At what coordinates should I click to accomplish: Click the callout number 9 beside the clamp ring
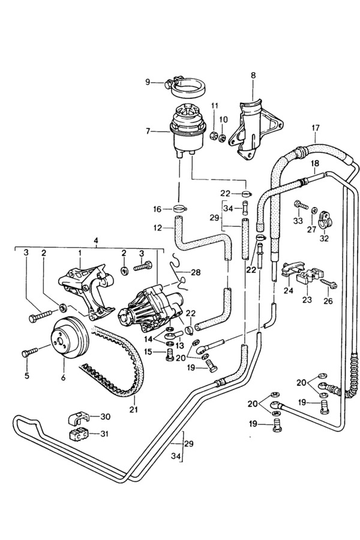148,82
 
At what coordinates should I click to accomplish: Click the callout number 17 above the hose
316,128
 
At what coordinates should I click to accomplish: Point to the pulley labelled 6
70,337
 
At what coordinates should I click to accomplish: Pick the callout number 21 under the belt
133,409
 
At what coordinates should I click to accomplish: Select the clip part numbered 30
78,418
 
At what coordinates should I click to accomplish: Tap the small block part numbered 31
79,435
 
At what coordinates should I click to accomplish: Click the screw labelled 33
301,206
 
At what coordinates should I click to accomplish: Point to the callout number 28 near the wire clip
196,272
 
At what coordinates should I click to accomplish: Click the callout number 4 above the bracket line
96,241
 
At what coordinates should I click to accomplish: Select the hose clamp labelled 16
179,208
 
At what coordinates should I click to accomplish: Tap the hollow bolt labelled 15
169,355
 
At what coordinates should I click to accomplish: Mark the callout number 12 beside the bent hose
158,227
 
